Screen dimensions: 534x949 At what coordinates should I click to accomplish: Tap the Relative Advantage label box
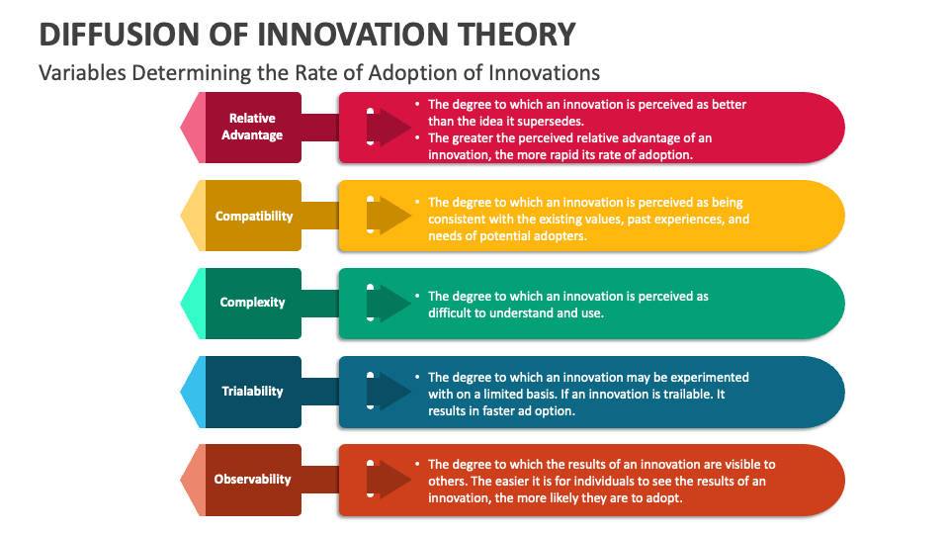coord(252,128)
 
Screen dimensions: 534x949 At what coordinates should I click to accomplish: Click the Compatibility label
coord(254,216)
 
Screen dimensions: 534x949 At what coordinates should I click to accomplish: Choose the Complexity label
coord(252,303)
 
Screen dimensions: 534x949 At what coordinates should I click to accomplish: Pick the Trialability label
coord(252,392)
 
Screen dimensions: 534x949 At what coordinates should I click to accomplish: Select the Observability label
coord(252,480)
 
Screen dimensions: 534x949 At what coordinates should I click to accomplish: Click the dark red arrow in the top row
coord(388,128)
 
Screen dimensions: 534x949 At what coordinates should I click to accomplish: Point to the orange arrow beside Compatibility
coord(388,216)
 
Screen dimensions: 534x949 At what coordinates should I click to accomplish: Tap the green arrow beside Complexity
coord(388,304)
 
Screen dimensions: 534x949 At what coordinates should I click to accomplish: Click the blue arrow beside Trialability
coord(388,392)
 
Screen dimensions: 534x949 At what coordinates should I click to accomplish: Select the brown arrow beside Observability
coord(388,480)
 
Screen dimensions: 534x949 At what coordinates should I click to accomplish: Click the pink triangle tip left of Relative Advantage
coord(192,128)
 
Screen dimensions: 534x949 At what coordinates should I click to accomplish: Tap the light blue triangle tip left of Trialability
coord(192,392)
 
